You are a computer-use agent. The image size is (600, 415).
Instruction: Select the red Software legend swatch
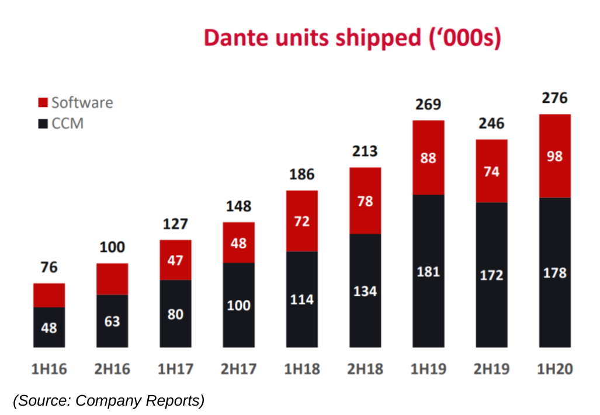tap(43, 103)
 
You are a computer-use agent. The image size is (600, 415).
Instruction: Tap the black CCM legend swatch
tap(43, 124)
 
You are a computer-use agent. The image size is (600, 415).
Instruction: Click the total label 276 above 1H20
tap(554, 98)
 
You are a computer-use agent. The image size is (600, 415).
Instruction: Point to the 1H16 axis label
tap(48, 369)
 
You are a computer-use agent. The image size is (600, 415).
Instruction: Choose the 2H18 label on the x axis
tap(365, 369)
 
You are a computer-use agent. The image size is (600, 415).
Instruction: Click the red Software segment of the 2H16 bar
tap(112, 279)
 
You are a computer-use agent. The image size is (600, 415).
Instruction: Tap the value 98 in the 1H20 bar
tap(554, 157)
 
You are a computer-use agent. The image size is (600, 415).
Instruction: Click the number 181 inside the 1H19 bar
tap(428, 272)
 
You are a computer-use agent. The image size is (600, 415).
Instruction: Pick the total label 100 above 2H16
tap(112, 247)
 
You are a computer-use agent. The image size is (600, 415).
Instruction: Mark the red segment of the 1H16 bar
tap(49, 295)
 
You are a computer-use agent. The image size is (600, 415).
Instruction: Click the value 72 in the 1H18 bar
tap(302, 222)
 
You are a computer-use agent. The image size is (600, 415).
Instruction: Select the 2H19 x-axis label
tap(491, 369)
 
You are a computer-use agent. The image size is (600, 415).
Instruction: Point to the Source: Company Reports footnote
tap(109, 401)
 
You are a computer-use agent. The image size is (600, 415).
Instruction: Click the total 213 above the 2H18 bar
tap(365, 151)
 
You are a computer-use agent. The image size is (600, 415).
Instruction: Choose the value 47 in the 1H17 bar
tap(175, 261)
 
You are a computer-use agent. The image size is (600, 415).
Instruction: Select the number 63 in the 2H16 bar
tap(112, 321)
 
